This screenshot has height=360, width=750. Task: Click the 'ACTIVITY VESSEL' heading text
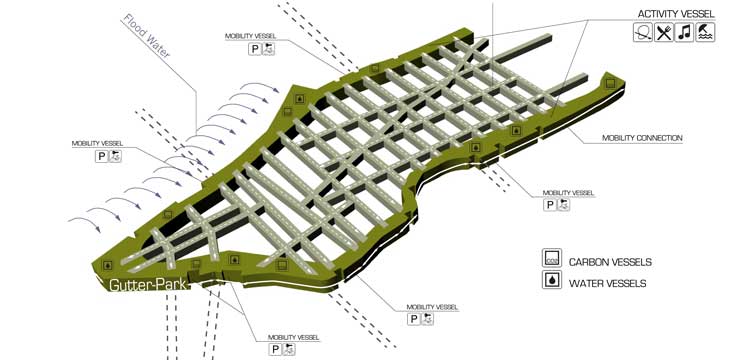click(x=675, y=14)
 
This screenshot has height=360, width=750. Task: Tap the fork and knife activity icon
click(x=663, y=33)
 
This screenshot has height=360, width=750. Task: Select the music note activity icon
click(x=684, y=33)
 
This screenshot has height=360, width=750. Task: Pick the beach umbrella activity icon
click(x=705, y=33)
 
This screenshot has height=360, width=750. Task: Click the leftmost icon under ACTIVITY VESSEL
click(x=642, y=33)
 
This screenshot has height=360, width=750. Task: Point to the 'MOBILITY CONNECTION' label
click(x=642, y=138)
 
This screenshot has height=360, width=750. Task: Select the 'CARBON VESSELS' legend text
click(x=610, y=262)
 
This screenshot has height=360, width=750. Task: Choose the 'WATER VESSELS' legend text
click(x=607, y=283)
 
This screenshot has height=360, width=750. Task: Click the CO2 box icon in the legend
click(x=550, y=259)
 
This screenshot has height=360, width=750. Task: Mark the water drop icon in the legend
click(x=550, y=282)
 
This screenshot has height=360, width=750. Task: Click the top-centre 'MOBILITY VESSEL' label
click(x=250, y=35)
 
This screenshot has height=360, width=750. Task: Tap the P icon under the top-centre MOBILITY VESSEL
click(x=255, y=48)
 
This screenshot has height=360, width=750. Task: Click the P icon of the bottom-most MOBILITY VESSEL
click(x=274, y=349)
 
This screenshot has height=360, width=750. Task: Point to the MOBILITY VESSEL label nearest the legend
click(x=568, y=192)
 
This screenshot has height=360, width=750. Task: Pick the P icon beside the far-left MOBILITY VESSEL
click(x=101, y=156)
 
